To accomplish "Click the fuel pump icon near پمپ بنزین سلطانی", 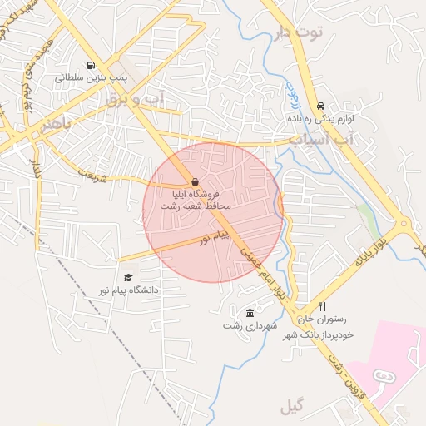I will coord(90,65).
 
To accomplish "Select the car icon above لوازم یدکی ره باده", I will coord(320,106).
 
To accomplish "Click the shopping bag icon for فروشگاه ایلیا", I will coord(195,181).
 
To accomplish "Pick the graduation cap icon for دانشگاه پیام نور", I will coord(128,278).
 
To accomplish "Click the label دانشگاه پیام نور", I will coord(128,290).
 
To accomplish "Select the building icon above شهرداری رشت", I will coord(251,313).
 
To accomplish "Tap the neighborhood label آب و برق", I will coord(136,99).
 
